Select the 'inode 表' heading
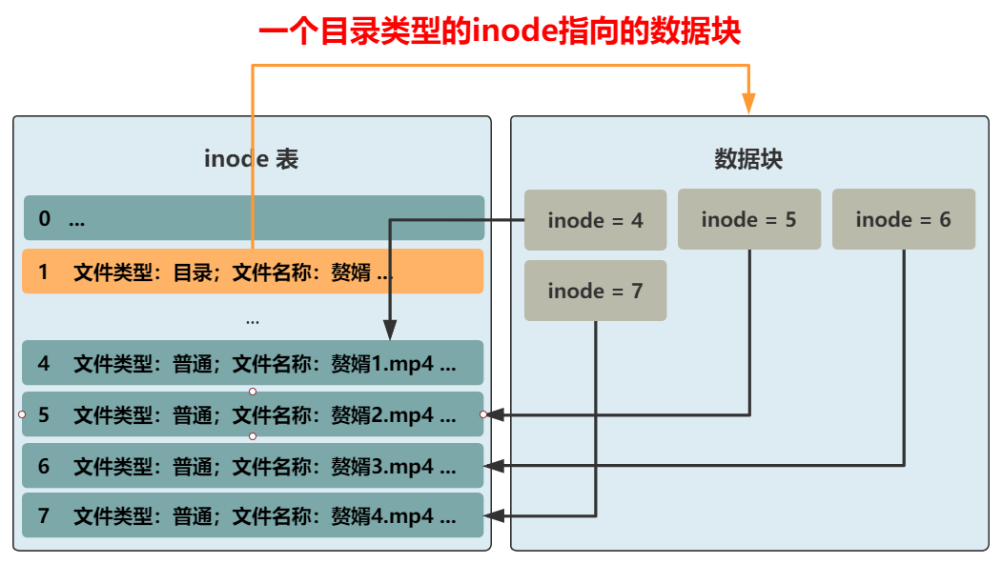click(x=252, y=159)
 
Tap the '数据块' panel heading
click(x=748, y=159)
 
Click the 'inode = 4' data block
click(x=595, y=220)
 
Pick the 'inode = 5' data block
click(x=748, y=219)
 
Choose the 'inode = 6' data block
click(x=903, y=219)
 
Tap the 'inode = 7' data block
click(x=595, y=291)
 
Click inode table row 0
click(x=253, y=218)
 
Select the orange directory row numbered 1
click(x=253, y=272)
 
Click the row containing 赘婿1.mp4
click(x=253, y=363)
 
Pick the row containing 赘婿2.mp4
click(x=253, y=414)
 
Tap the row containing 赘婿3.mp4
click(x=253, y=466)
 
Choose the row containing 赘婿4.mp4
click(x=253, y=516)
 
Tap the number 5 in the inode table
click(x=43, y=414)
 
